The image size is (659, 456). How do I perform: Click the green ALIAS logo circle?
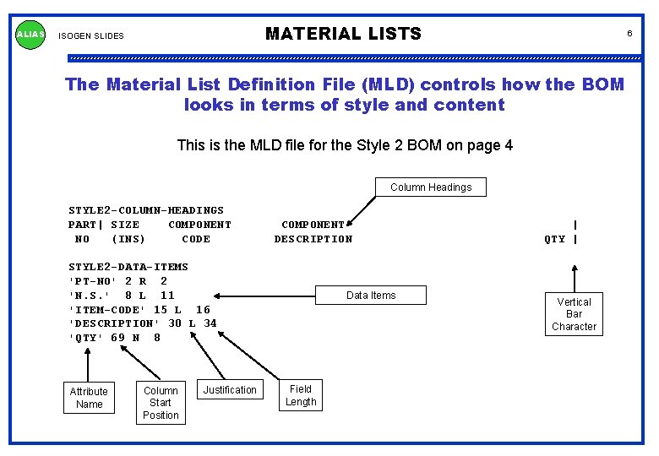point(31,35)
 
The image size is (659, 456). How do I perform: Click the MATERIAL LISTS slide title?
point(343,34)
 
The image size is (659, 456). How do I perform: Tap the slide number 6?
point(629,33)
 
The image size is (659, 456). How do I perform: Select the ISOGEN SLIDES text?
point(90,36)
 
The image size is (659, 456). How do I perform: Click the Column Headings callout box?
point(431,187)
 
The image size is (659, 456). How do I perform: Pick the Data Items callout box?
point(370,295)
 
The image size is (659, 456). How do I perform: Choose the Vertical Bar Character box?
point(574,314)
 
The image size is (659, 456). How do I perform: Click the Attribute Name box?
point(89,398)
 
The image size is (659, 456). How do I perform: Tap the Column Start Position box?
point(161,403)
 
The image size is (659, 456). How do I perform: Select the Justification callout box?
point(229,389)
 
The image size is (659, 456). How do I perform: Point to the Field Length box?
point(300,395)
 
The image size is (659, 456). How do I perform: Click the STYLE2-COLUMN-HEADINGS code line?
point(146,210)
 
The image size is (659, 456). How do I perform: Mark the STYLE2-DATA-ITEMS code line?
point(128,267)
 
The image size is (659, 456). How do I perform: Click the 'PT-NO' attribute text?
point(92,281)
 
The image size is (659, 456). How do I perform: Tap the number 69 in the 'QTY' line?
point(117,338)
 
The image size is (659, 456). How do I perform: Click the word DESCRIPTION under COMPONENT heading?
point(313,239)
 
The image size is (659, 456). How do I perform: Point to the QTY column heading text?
point(554,239)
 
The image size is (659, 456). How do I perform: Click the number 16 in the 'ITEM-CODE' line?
point(203,310)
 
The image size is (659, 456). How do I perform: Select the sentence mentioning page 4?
point(345,145)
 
